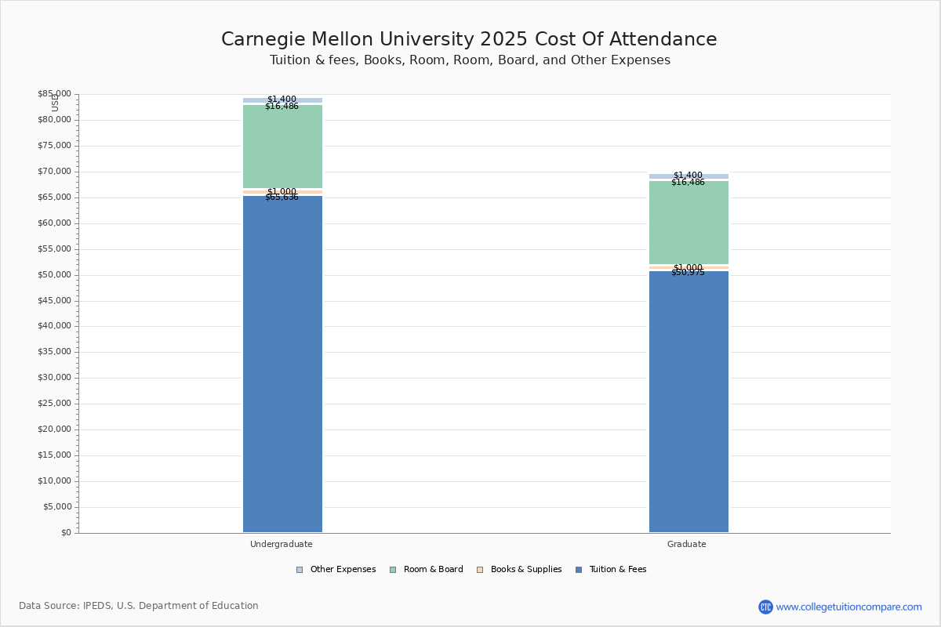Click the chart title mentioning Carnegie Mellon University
(469, 40)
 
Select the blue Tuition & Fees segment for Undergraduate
(282, 364)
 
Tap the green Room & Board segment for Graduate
(688, 223)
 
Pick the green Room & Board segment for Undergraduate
(282, 147)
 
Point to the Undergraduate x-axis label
(282, 544)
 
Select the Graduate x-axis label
(687, 544)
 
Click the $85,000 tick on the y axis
(54, 94)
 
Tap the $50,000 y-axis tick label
(54, 275)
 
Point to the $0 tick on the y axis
(65, 533)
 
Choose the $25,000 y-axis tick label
(54, 404)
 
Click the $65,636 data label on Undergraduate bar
(282, 198)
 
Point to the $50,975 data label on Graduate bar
(688, 273)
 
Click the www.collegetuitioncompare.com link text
(848, 607)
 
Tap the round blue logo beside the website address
(765, 607)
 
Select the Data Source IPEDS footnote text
(139, 606)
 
